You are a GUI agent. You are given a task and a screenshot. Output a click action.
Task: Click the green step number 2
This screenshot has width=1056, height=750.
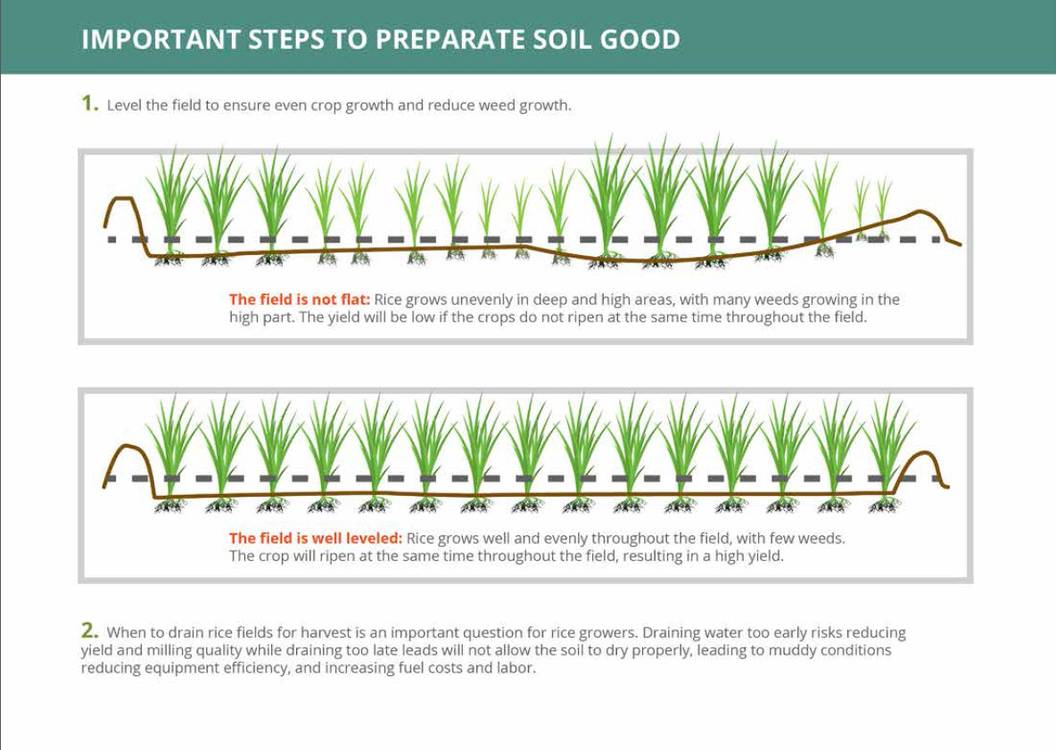point(89,630)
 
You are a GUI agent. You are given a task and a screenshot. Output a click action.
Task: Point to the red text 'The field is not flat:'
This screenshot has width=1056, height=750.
point(299,300)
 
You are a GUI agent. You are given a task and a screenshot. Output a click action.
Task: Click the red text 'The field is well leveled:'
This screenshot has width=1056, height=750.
point(315,539)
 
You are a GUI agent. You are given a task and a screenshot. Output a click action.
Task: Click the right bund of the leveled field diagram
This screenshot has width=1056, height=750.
point(921,466)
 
